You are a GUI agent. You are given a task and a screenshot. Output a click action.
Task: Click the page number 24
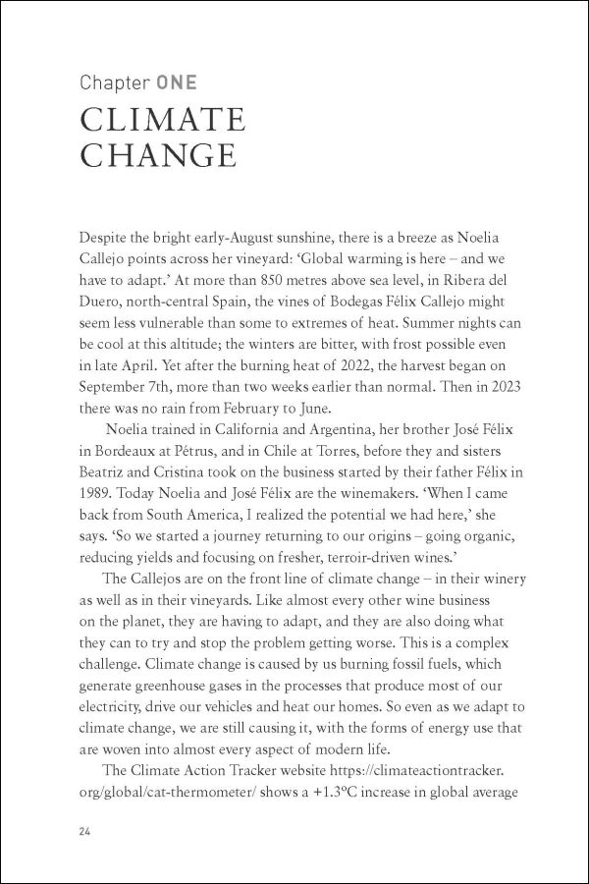tap(85, 831)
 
